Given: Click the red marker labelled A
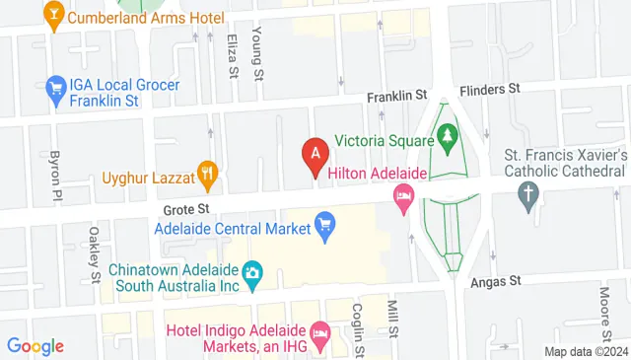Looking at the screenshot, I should pos(315,155).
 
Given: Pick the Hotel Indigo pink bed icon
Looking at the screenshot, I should pos(318,336).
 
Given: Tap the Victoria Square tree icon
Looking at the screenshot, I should pos(448,134).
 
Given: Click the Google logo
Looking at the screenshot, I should pos(35,345).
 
